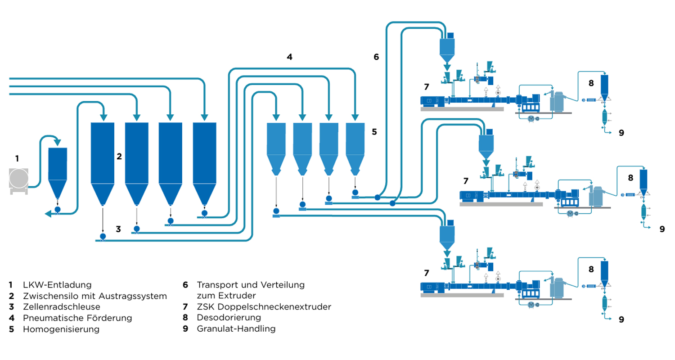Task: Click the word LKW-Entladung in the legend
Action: (x=57, y=285)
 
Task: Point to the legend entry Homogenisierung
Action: (x=61, y=329)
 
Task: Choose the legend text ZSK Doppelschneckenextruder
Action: (x=264, y=307)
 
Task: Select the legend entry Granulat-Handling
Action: (x=236, y=329)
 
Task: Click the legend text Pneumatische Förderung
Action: (x=77, y=318)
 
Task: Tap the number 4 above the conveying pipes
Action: (x=290, y=57)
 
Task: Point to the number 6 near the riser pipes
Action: (x=376, y=57)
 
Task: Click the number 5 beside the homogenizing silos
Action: (x=374, y=132)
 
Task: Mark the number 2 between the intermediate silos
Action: (x=119, y=157)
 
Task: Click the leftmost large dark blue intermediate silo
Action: (x=103, y=157)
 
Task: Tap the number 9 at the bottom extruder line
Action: (x=621, y=320)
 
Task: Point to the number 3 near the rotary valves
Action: (x=118, y=229)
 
